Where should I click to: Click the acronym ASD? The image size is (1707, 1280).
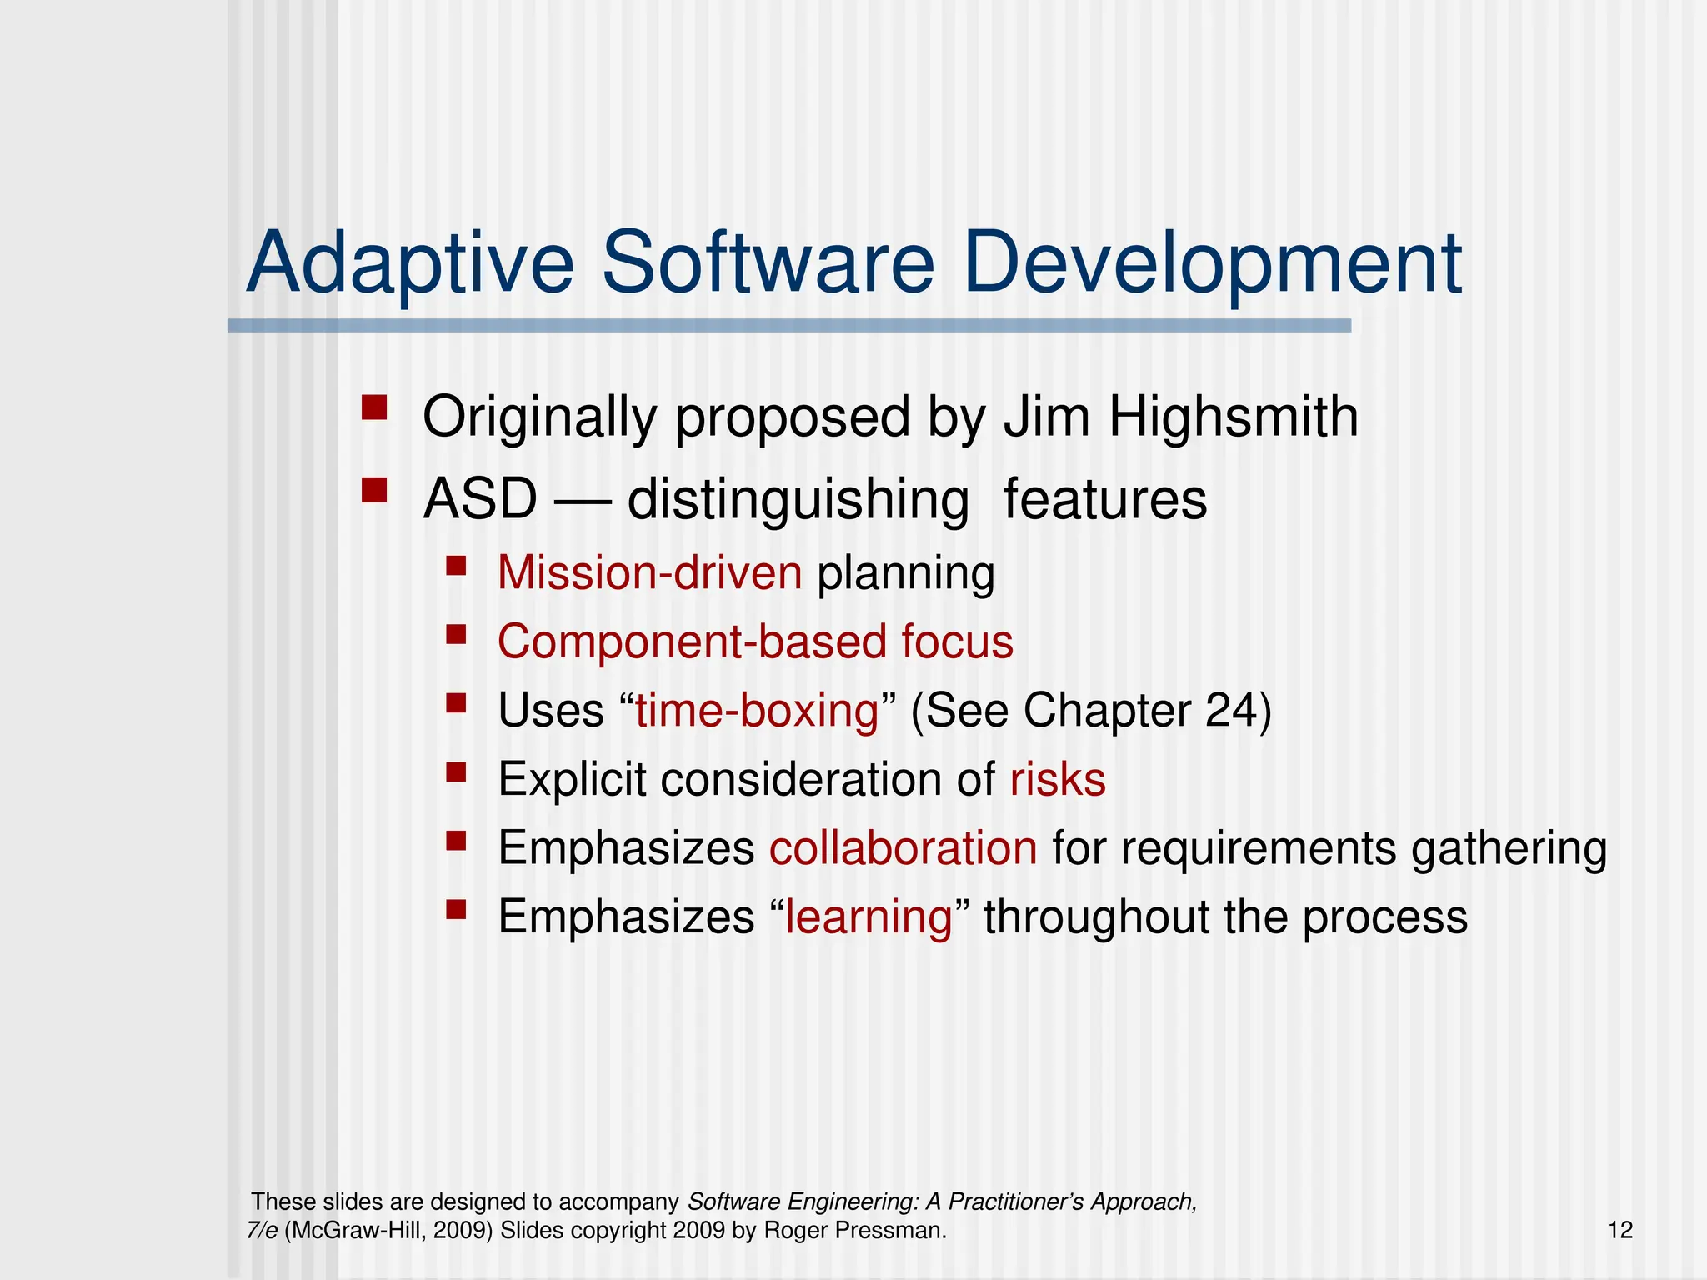480,499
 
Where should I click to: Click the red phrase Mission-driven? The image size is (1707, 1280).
649,573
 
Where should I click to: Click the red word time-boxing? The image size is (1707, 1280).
757,711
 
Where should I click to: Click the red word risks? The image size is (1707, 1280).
1057,780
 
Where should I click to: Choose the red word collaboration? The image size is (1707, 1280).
903,848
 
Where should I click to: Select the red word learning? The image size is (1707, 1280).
869,917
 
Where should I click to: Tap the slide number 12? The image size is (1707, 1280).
1619,1230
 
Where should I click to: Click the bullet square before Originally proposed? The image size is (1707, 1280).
374,408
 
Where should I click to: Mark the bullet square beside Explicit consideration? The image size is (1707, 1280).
455,772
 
